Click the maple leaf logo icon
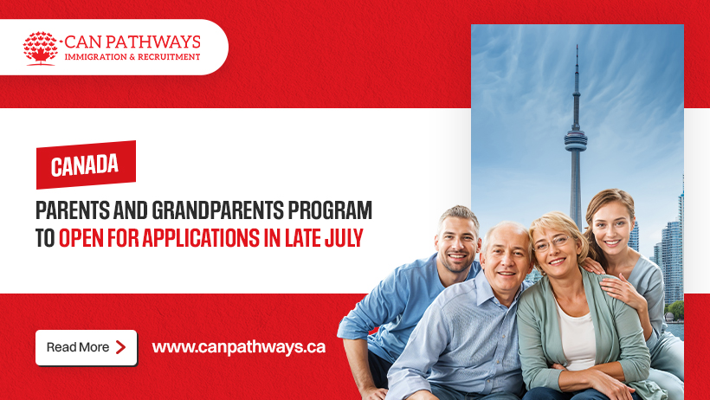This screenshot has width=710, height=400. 41,48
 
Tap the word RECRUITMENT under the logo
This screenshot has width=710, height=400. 169,57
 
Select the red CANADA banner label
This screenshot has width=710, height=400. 86,165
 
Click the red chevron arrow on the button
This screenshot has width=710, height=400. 120,347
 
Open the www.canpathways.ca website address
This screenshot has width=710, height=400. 239,347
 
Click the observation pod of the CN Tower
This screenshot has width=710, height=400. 576,141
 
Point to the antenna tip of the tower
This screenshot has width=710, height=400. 577,46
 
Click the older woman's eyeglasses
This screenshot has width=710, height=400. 552,243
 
